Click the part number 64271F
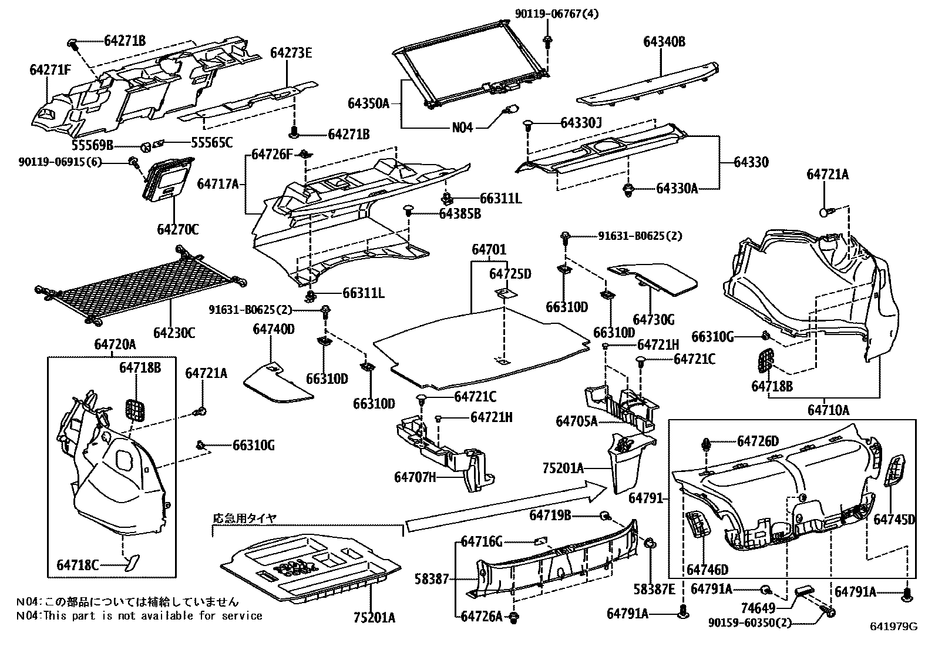[50, 71]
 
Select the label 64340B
[664, 42]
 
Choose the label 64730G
[654, 320]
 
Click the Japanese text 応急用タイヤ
[244, 518]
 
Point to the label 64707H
[415, 477]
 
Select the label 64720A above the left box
[115, 344]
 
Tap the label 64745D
[894, 520]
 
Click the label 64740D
[274, 329]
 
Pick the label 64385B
[459, 214]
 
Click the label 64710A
[829, 410]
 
